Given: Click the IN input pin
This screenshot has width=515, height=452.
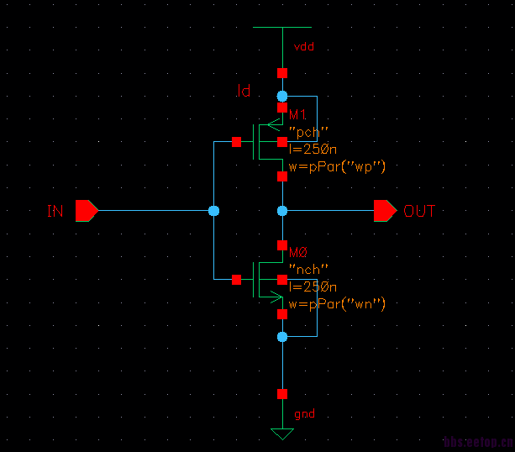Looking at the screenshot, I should pos(87,210).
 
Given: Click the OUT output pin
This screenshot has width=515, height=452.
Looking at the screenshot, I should pos(385,210).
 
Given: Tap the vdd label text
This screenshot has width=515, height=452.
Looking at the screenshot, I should pos(304,47).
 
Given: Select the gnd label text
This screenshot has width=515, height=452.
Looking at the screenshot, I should pos(304,414).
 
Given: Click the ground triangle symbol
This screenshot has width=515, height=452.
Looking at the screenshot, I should pos(282,434).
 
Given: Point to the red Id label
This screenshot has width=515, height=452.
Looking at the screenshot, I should pos(244,90).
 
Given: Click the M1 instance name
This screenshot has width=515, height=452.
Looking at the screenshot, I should pos(298,114).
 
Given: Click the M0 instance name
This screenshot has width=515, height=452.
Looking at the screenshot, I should pos(298,252).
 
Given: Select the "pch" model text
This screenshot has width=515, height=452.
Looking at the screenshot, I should pos(307,132).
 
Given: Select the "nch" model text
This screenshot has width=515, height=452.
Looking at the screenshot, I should pos(307,269).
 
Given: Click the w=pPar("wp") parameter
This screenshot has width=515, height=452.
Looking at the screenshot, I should pos(336,166).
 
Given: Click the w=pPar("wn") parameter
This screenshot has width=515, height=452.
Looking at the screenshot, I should pos(336,303).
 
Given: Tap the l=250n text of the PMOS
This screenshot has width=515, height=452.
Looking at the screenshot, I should pos(313,149).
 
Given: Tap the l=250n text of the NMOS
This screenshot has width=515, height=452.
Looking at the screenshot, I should pos(313,286).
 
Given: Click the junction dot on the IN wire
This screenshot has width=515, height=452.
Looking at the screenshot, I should pos(213,210).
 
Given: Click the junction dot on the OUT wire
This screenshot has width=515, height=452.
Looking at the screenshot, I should pos(282,210).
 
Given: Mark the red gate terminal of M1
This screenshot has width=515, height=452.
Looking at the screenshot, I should pos(237,142).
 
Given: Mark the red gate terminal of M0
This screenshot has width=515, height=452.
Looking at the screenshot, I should pos(237,279).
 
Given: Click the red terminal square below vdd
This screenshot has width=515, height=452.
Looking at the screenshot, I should pos(282,73).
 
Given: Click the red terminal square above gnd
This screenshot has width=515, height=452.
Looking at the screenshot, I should pos(282,393).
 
